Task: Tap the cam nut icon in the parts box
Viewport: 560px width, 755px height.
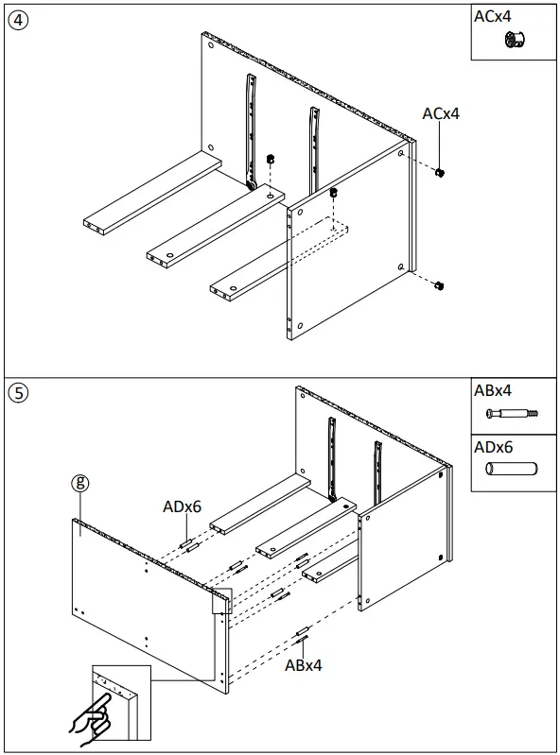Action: pos(516,40)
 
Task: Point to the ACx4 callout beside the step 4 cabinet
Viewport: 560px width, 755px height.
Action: pos(441,113)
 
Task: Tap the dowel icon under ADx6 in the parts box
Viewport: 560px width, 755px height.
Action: pos(511,469)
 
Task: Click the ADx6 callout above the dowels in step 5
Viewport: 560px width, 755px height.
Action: pos(182,506)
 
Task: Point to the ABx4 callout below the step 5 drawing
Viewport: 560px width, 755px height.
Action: pos(304,665)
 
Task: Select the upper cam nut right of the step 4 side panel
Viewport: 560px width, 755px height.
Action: pos(440,173)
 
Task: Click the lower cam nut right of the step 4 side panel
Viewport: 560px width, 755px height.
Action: pos(439,285)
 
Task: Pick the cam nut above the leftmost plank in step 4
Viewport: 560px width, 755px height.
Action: pos(270,158)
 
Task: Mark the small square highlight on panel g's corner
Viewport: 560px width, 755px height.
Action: pos(221,601)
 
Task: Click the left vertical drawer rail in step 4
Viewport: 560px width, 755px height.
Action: pos(252,132)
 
